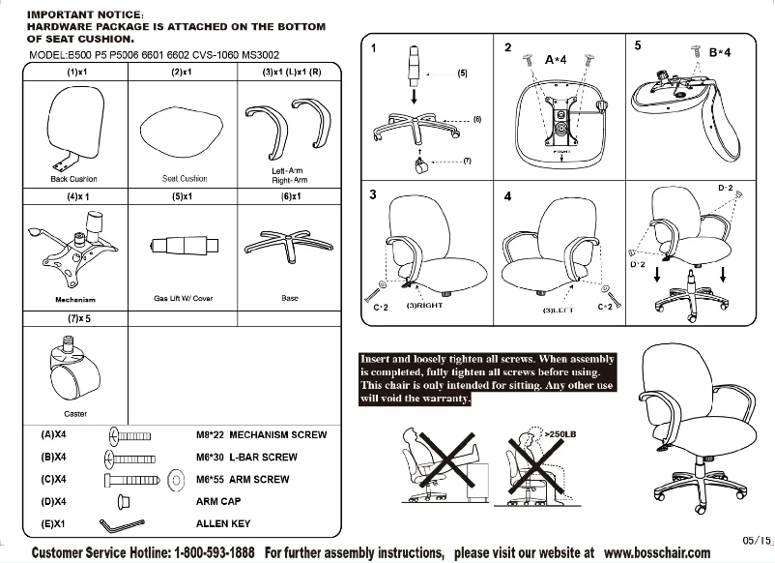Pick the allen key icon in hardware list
point(121,524)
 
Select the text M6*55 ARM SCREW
point(242,480)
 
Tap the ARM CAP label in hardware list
point(218,502)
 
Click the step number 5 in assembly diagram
point(638,45)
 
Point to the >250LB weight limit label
point(561,434)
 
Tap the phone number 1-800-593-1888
point(215,552)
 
